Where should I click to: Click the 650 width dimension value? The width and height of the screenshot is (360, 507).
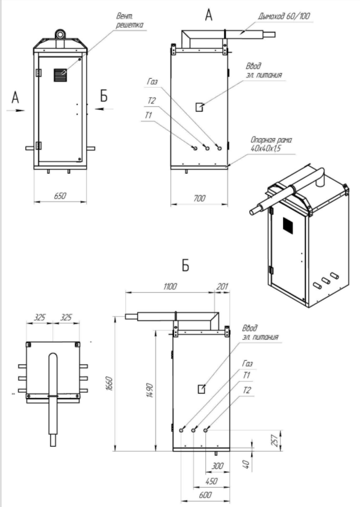[x=60, y=196]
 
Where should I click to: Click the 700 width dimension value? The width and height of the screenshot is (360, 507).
[x=199, y=198]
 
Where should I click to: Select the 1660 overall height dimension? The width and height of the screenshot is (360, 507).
[x=110, y=384]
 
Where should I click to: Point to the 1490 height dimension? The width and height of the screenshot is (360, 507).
[x=150, y=390]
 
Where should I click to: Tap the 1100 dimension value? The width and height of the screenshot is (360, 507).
[x=170, y=286]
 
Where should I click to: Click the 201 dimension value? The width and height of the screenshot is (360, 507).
[x=222, y=286]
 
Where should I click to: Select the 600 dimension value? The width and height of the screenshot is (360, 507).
[x=205, y=495]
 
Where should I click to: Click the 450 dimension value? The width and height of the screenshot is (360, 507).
[x=211, y=481]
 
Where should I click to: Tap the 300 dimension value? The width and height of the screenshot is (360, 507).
[x=217, y=466]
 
